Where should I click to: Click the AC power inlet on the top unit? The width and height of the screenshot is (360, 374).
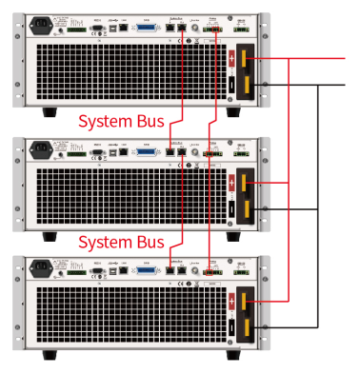point(41,28)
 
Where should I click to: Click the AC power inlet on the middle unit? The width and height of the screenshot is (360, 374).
point(41,148)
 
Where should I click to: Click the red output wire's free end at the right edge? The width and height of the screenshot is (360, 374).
point(343,58)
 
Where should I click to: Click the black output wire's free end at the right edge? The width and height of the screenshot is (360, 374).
point(343,85)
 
